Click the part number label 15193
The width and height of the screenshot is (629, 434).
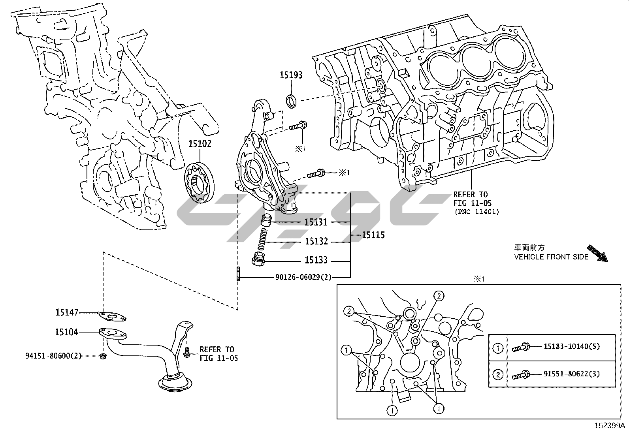click(x=291, y=75)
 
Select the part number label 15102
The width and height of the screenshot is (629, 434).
click(x=200, y=144)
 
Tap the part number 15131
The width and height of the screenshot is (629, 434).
click(x=316, y=222)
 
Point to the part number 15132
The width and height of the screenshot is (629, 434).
click(x=316, y=241)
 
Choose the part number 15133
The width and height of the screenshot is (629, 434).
click(x=316, y=261)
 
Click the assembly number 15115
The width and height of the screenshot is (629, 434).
click(x=373, y=235)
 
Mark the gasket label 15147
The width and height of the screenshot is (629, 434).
click(x=67, y=313)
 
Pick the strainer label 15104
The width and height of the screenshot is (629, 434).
click(x=67, y=333)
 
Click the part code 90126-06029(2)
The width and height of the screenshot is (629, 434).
click(x=303, y=277)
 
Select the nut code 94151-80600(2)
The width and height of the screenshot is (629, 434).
click(x=53, y=356)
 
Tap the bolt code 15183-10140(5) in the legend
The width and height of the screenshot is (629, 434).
click(x=571, y=347)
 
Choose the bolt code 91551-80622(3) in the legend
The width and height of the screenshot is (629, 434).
click(x=571, y=373)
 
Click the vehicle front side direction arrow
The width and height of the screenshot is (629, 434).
click(x=597, y=254)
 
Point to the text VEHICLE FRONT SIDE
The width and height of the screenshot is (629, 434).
click(x=551, y=257)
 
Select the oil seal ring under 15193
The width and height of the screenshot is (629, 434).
click(x=292, y=101)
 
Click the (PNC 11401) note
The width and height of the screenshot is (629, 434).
click(x=476, y=212)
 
